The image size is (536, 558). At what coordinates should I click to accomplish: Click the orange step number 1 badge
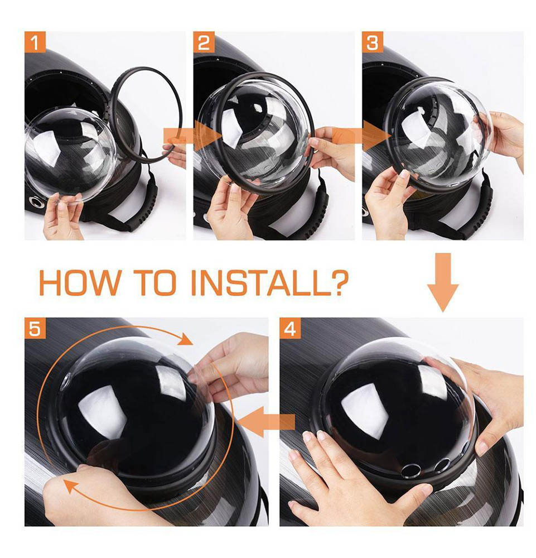(x=35, y=42)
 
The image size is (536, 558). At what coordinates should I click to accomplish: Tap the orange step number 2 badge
(x=204, y=42)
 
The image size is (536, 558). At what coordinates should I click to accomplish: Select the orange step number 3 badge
(x=373, y=42)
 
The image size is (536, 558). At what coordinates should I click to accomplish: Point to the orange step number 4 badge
(x=290, y=328)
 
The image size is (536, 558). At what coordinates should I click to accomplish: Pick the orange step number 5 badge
(x=35, y=328)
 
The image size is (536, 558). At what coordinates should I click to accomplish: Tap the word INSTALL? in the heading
(x=269, y=283)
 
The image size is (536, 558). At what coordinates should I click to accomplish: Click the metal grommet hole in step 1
(x=36, y=202)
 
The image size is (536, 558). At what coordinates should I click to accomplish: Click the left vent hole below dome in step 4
(x=411, y=470)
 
